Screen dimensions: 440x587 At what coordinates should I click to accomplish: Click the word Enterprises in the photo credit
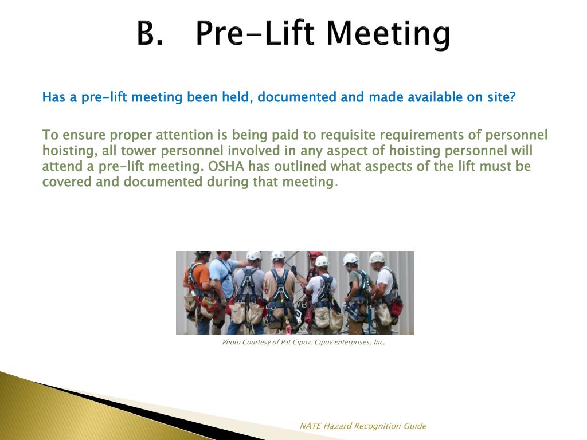350,343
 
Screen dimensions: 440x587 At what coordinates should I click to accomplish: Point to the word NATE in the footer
310,426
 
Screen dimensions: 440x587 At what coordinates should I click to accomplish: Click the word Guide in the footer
415,426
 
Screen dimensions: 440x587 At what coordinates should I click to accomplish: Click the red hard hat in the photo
315,254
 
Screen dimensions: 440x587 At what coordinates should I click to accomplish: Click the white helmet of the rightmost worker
377,257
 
